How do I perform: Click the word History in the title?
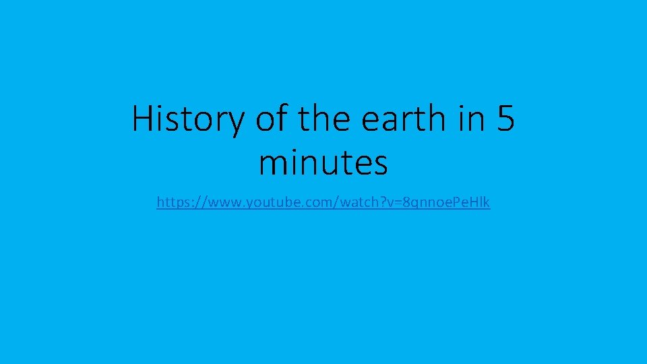coord(189,119)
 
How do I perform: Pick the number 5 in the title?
coord(506,119)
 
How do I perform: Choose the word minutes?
coord(323,162)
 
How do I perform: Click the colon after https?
coord(187,202)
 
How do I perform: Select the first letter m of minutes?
coord(271,164)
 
